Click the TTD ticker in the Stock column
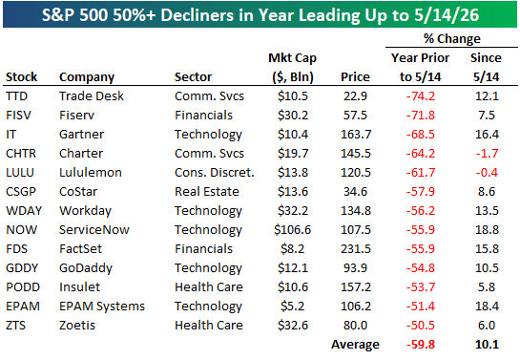pyautogui.click(x=16, y=96)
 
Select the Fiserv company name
pyautogui.click(x=76, y=116)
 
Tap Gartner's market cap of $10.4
pyautogui.click(x=293, y=135)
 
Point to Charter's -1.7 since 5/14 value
pyautogui.click(x=487, y=154)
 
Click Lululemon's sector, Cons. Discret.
pyautogui.click(x=215, y=173)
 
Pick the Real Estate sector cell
pyautogui.click(x=207, y=191)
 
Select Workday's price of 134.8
pyautogui.click(x=356, y=211)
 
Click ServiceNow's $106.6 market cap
pyautogui.click(x=293, y=229)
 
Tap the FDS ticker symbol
pyautogui.click(x=16, y=249)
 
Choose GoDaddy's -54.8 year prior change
pyautogui.click(x=421, y=267)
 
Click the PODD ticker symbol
pyautogui.click(x=23, y=287)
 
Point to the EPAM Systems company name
pyautogui.click(x=102, y=307)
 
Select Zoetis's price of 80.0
pyautogui.click(x=355, y=326)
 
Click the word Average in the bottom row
pyautogui.click(x=355, y=345)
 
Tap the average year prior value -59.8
pyautogui.click(x=421, y=345)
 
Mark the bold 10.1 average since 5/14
pyautogui.click(x=487, y=345)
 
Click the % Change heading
pyautogui.click(x=451, y=39)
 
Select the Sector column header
pyautogui.click(x=193, y=77)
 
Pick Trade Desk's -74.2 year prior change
pyautogui.click(x=421, y=96)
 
